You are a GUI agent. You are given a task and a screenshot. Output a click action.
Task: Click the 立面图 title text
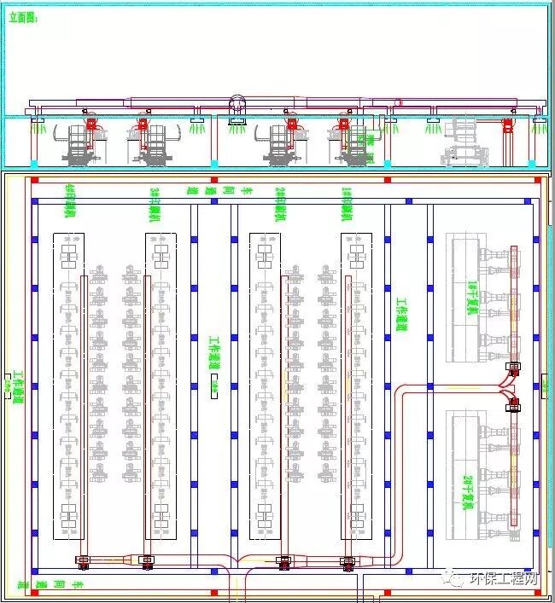24,16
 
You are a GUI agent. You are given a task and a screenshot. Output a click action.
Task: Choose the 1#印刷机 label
346,203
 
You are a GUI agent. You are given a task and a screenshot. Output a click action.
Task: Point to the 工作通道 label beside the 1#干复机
401,315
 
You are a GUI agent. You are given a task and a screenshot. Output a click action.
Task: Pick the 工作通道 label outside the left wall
16,387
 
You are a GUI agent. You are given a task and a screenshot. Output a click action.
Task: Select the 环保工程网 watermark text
505,580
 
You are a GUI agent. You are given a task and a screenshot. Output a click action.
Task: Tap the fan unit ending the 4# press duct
85,562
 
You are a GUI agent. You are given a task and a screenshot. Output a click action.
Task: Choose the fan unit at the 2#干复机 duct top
514,403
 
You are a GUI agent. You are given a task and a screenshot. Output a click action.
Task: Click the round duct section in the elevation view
236,102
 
